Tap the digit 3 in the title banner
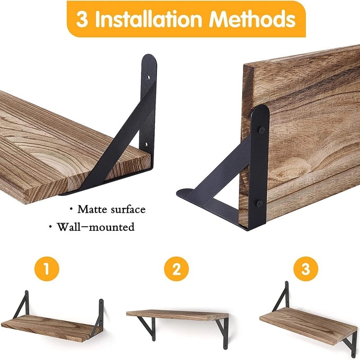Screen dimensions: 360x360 point(82,19)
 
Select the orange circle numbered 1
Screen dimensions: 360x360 point(48,270)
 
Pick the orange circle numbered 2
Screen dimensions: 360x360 point(176,270)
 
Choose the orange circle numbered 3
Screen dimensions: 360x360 point(306,270)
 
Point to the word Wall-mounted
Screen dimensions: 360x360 point(95,227)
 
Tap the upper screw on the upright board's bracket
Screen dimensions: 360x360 point(261,130)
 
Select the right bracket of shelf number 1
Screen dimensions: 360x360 point(99,315)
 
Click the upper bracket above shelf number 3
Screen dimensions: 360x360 point(282,297)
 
